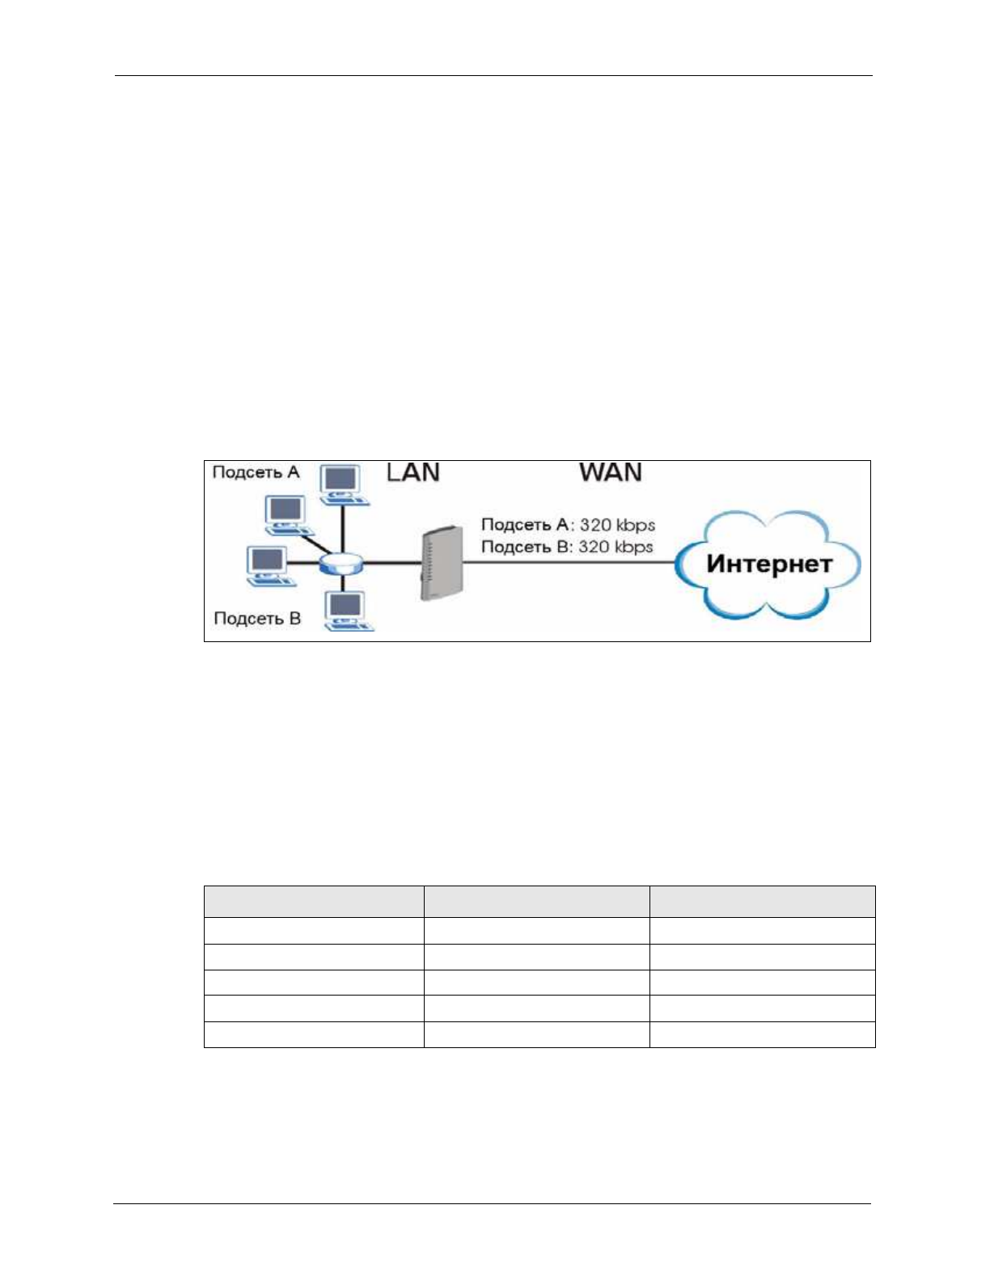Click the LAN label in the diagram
(413, 472)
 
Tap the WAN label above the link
(611, 472)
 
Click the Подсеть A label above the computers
(256, 472)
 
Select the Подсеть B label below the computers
(257, 619)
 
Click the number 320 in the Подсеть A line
(595, 525)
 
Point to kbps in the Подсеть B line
(633, 547)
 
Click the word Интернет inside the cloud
(768, 564)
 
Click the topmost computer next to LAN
(342, 484)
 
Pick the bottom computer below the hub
(346, 610)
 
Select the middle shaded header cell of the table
(536, 902)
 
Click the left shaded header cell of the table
(314, 902)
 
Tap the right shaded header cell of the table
(762, 902)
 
